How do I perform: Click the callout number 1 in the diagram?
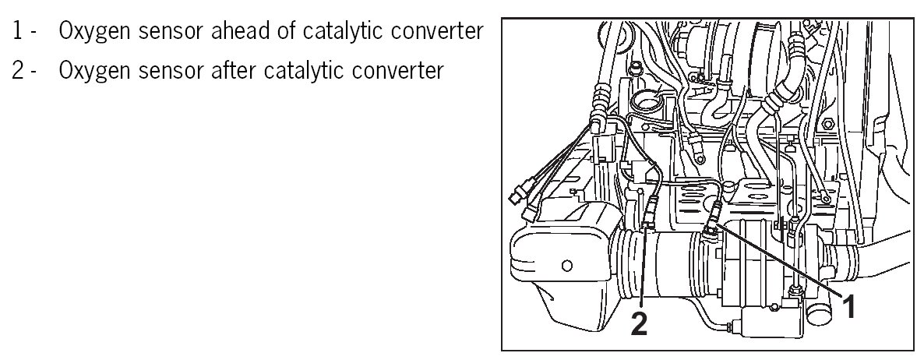[851, 306]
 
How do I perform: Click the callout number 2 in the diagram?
[639, 323]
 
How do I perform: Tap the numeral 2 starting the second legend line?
[18, 71]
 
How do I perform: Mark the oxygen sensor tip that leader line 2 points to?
[650, 226]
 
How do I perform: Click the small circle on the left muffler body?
[566, 265]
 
